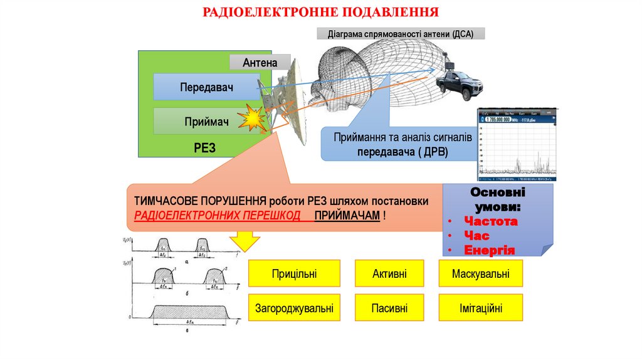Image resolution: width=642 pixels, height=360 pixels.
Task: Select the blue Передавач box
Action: [x=206, y=87]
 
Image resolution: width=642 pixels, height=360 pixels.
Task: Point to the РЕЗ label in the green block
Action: [x=205, y=147]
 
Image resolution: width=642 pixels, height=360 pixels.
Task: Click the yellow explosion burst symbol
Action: [x=255, y=117]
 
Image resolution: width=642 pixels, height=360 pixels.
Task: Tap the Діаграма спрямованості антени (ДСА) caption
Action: [x=401, y=34]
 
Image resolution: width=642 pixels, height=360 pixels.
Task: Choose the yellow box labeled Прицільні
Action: [x=294, y=273]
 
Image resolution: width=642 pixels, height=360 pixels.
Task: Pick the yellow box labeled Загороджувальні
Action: [x=294, y=308]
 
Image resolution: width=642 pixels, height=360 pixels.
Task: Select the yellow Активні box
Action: [x=389, y=273]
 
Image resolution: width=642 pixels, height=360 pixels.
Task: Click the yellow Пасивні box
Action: [x=389, y=308]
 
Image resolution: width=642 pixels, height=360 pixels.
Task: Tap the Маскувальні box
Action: [x=480, y=273]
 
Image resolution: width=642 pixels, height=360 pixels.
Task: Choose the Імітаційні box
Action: [x=480, y=308]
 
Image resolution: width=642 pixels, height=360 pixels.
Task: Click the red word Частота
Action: [x=490, y=221]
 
